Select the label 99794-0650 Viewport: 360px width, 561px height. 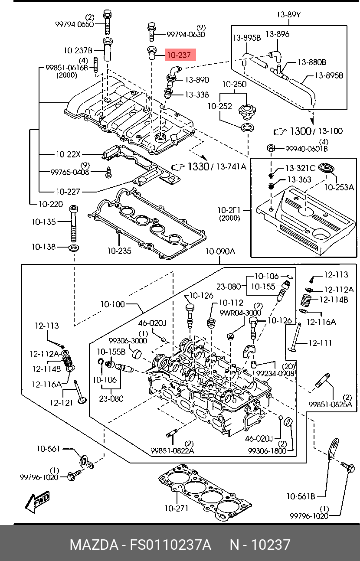(74, 24)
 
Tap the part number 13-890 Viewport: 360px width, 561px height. (197, 80)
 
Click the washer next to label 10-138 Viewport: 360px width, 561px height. (74, 248)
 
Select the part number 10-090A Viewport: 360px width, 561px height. (220, 251)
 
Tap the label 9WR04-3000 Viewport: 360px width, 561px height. (240, 313)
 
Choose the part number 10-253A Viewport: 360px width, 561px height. (340, 187)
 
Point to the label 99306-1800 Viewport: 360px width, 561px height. (267, 450)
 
